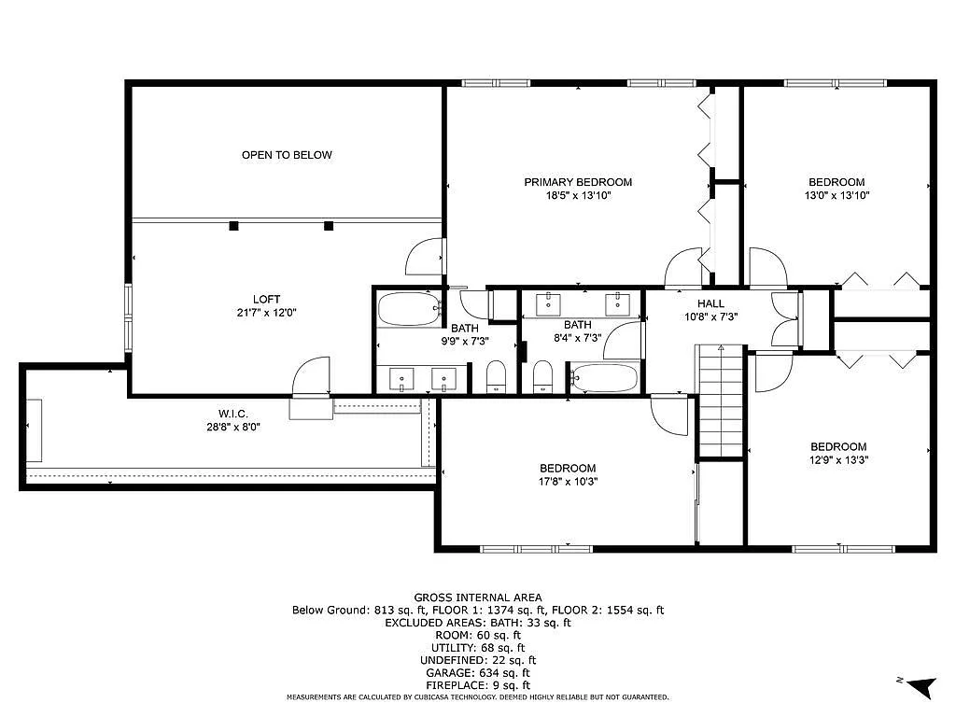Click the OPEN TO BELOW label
287,155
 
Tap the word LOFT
266,300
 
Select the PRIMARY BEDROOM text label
577,182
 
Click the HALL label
710,303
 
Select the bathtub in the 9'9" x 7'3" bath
409,309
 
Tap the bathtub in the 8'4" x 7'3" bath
604,379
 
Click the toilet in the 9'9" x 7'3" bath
497,377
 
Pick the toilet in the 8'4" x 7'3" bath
543,377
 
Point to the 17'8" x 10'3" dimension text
567,482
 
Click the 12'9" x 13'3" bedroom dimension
837,460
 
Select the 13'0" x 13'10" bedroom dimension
836,196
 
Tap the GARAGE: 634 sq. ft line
477,672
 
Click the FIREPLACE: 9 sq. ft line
477,684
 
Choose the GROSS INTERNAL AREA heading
477,597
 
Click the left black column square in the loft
234,225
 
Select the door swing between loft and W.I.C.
311,378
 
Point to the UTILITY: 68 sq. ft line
477,647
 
